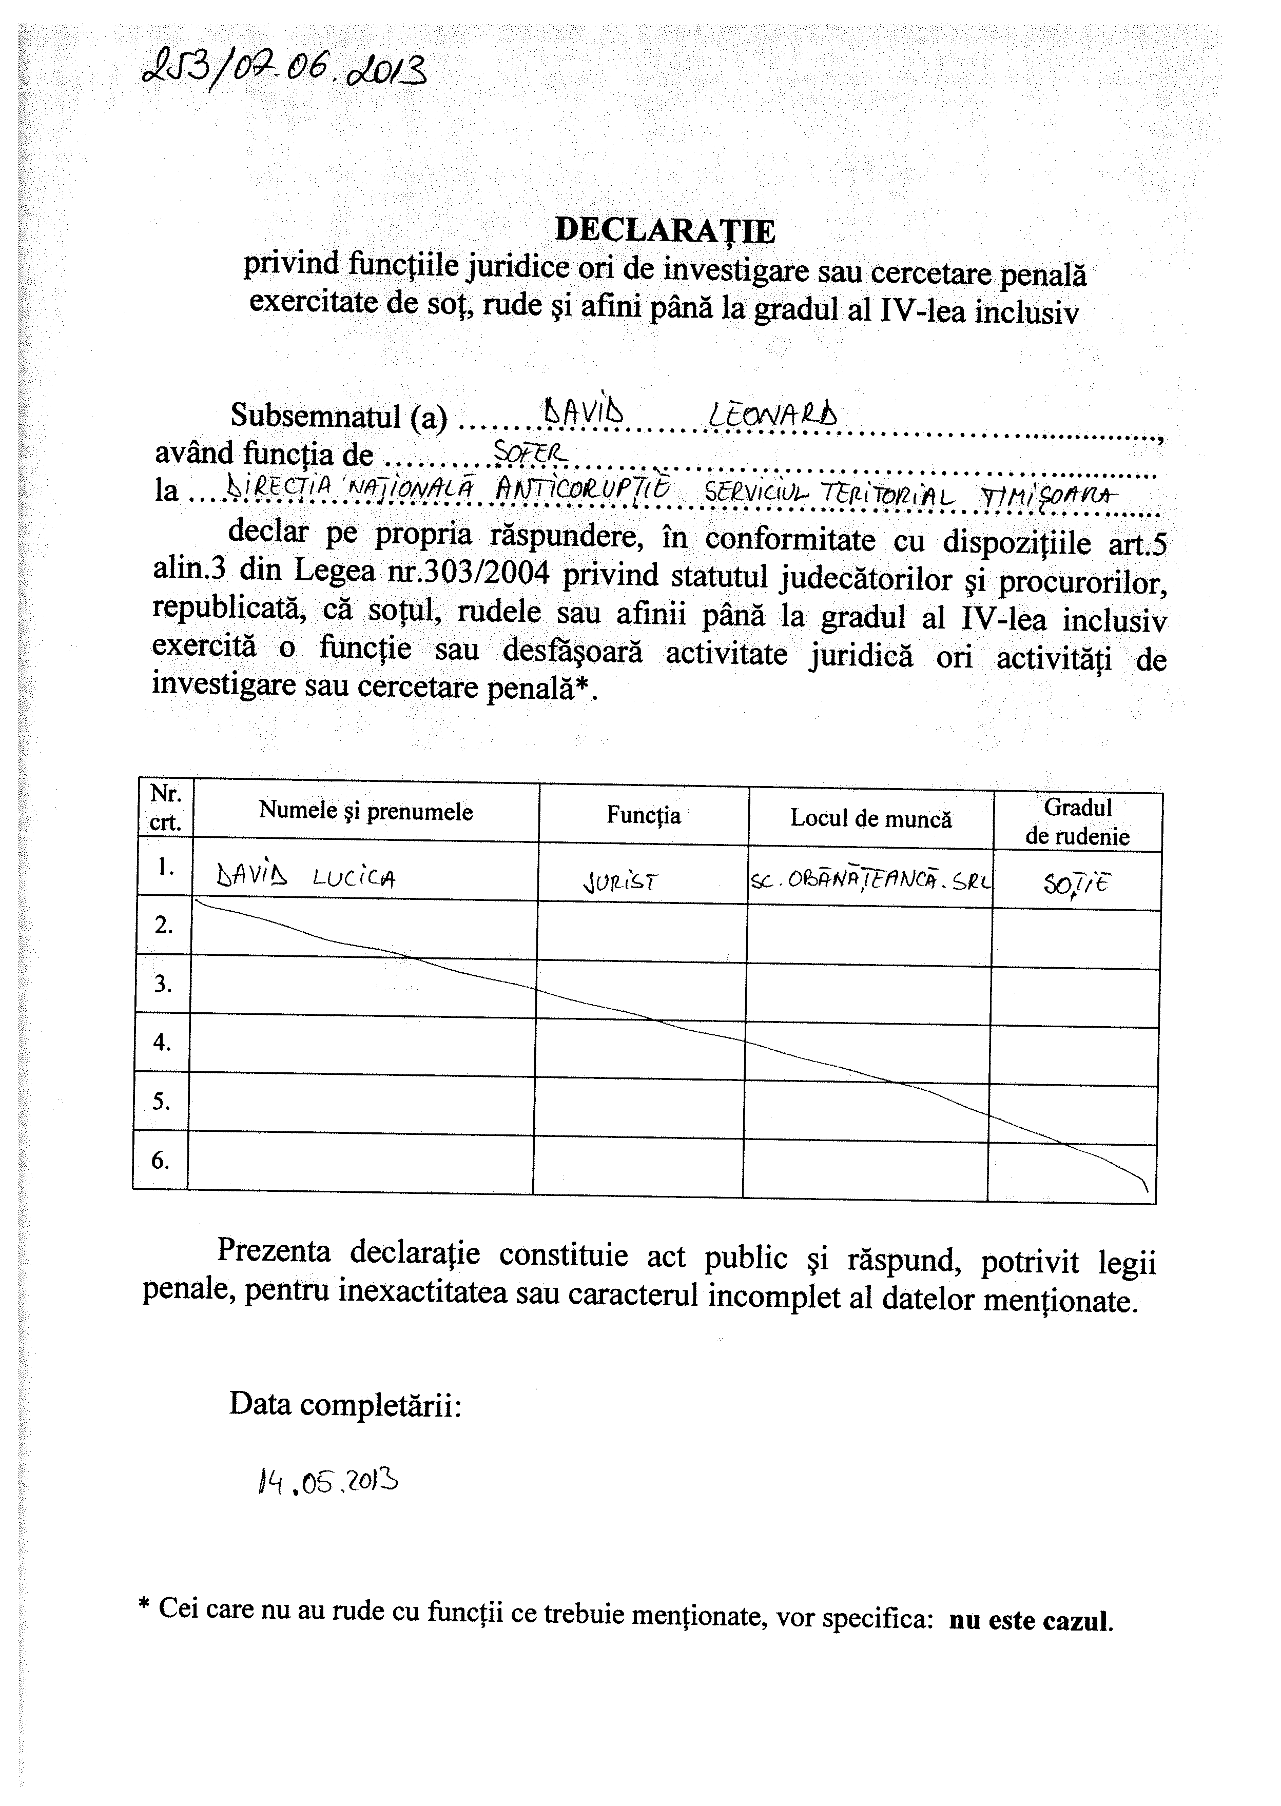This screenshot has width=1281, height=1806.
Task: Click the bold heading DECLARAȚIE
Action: pyautogui.click(x=665, y=229)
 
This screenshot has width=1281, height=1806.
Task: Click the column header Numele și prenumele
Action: pyautogui.click(x=365, y=812)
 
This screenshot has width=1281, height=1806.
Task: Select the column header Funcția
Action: pyautogui.click(x=643, y=815)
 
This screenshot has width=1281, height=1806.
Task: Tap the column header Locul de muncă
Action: pyautogui.click(x=871, y=819)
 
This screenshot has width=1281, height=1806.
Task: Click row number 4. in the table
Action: pyautogui.click(x=162, y=1042)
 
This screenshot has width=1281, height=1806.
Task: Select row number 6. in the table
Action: pyautogui.click(x=160, y=1160)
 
